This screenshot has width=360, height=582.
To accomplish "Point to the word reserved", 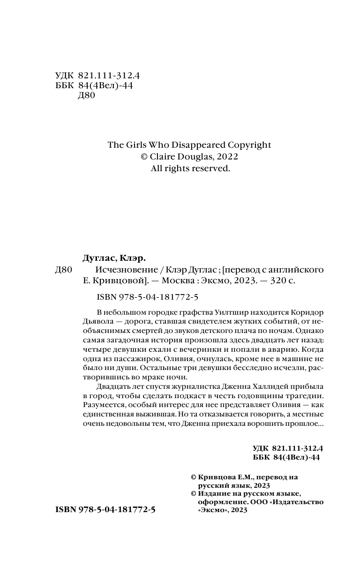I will click(x=211, y=168).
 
